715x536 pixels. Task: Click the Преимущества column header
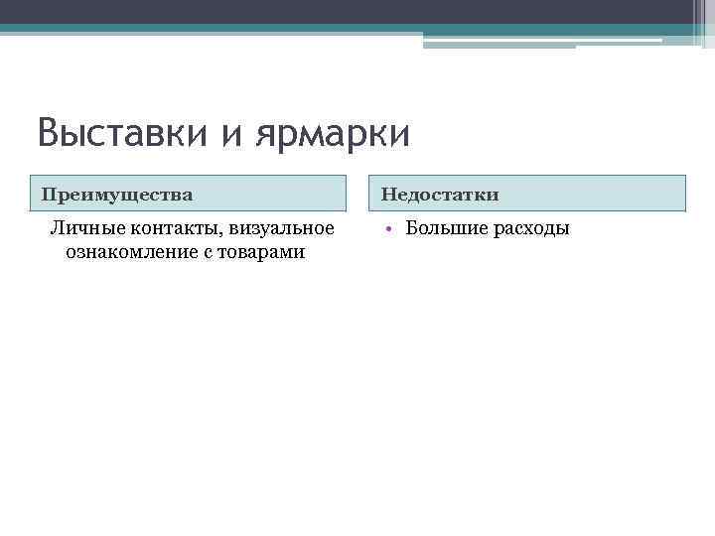click(x=117, y=193)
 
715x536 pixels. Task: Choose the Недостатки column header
click(x=440, y=193)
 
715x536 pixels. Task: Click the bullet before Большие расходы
click(x=392, y=229)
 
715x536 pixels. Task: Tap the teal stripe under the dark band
click(x=199, y=29)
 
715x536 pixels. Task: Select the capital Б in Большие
click(x=412, y=229)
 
